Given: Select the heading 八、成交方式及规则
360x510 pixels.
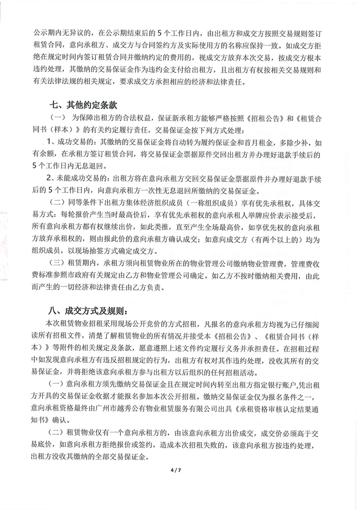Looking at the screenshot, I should coord(90,308).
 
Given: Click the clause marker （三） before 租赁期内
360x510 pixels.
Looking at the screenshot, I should coord(58,263).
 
